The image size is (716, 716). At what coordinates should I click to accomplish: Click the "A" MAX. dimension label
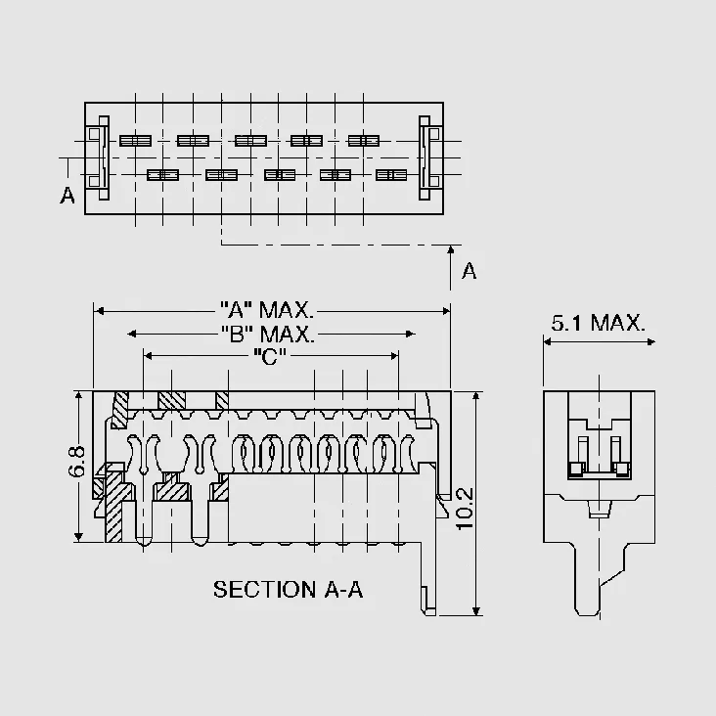pos(267,310)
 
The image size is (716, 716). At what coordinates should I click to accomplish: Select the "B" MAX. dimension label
pos(268,334)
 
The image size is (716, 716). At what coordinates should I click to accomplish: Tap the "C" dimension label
pos(269,356)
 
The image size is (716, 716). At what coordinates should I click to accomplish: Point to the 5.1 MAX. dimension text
pos(599,323)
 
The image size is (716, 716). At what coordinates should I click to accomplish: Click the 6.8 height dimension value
pos(76,462)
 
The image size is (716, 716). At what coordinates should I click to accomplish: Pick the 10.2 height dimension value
pos(465,509)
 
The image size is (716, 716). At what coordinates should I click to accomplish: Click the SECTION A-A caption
pos(289,590)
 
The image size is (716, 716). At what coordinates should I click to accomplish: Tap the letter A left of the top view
pos(67,196)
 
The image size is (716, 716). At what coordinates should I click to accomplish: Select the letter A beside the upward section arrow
pos(469,271)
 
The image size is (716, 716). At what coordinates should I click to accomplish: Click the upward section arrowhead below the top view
pos(451,249)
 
